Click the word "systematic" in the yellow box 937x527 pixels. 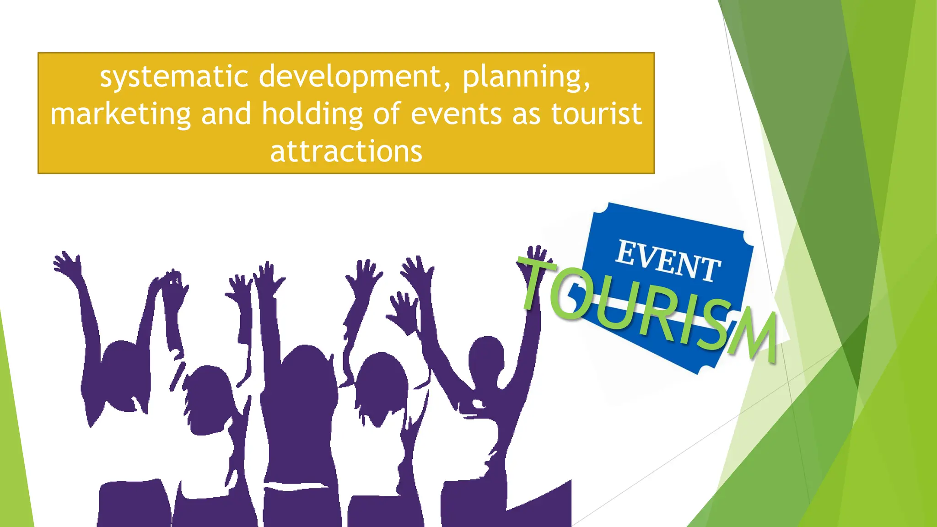[x=174, y=76]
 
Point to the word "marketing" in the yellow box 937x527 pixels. [x=120, y=114]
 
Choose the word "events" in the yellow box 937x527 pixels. [x=456, y=114]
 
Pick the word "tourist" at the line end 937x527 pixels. [x=596, y=114]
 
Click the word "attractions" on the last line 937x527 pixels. [x=346, y=151]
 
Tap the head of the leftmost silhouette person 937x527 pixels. [x=120, y=361]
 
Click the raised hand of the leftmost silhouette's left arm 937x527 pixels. [x=66, y=263]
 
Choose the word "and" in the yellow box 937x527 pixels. [x=226, y=114]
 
